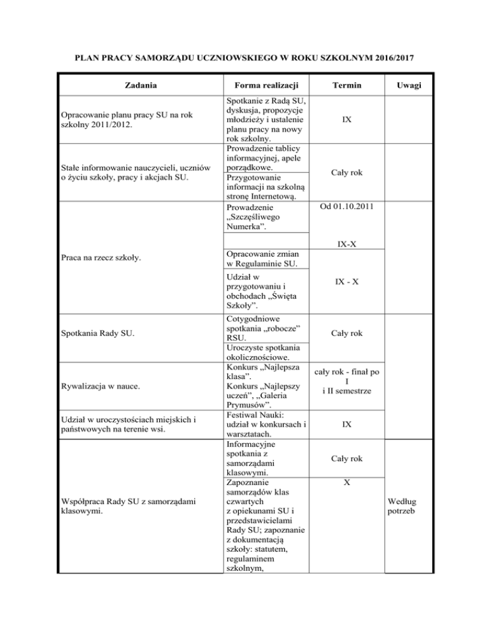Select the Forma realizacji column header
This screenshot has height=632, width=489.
pyautogui.click(x=264, y=85)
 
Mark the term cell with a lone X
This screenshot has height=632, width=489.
pyautogui.click(x=345, y=483)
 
